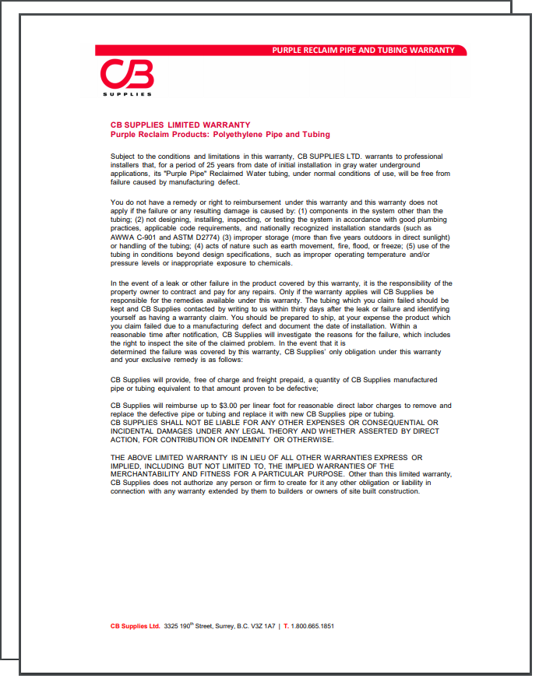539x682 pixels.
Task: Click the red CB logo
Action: click(x=127, y=76)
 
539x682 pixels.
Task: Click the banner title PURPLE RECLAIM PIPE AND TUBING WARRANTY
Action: click(x=363, y=50)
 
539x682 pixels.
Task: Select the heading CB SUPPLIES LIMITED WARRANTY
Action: click(x=181, y=125)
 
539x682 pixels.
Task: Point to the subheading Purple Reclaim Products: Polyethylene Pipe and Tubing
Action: click(x=220, y=135)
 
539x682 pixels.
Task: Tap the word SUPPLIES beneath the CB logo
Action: click(x=127, y=95)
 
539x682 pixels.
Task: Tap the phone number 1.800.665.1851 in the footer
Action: click(x=312, y=626)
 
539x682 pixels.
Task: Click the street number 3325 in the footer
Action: click(x=172, y=626)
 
